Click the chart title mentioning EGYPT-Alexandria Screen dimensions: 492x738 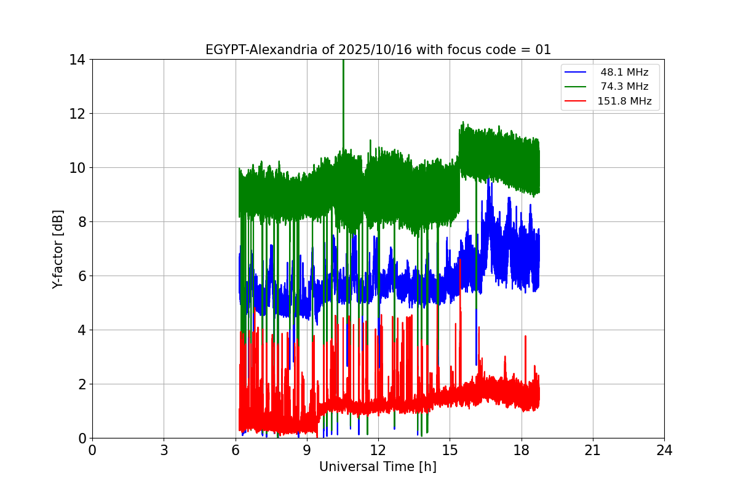[x=378, y=50]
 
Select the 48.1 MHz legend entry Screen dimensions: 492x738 [x=624, y=73]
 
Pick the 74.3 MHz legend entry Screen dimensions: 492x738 [x=624, y=87]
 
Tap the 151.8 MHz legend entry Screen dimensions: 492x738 [x=624, y=101]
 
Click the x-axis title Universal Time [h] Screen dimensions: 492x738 [x=378, y=467]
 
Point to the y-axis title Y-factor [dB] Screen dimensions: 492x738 [x=58, y=248]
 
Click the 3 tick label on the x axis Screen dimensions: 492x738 [x=164, y=450]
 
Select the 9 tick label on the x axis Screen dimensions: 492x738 [x=307, y=450]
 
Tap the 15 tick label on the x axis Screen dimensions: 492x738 [x=450, y=450]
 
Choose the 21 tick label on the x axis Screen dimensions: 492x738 [x=593, y=450]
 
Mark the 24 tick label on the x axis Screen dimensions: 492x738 [x=664, y=450]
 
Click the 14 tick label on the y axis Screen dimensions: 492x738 [x=77, y=60]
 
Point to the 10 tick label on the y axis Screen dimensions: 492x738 [x=77, y=168]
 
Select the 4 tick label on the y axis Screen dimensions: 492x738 [x=81, y=330]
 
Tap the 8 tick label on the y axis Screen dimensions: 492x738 [x=81, y=222]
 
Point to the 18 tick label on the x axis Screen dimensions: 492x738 [x=522, y=450]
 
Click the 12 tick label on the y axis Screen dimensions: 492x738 [x=77, y=114]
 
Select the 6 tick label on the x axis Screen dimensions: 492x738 [x=236, y=450]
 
